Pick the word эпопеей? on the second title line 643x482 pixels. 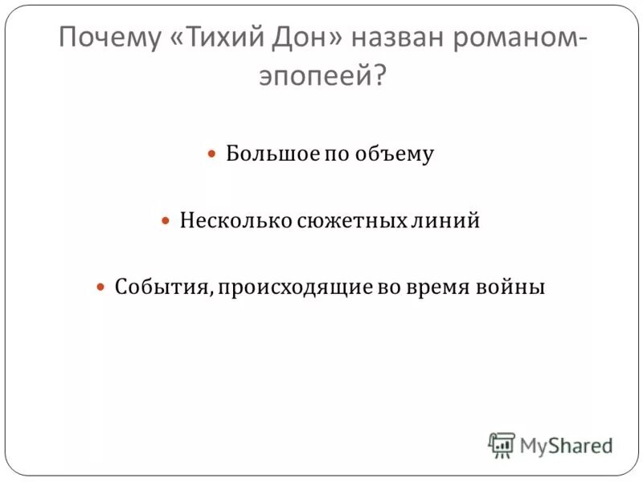(x=321, y=78)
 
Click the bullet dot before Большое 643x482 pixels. (x=213, y=153)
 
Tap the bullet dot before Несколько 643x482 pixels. (x=166, y=220)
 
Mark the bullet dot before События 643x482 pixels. (x=101, y=287)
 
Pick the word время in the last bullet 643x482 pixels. (x=446, y=287)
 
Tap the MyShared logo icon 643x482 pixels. (x=501, y=445)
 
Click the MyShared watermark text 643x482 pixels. (x=566, y=445)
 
